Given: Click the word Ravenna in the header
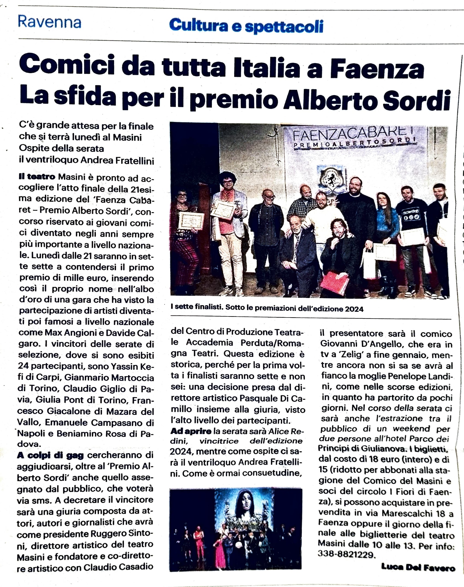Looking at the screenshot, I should [x=49, y=22].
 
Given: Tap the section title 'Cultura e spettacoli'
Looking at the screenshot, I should [x=246, y=26].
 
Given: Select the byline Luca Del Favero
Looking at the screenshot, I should [x=418, y=568].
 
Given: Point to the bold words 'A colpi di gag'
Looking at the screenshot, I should [x=50, y=455].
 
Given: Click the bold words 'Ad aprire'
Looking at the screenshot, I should [x=191, y=431].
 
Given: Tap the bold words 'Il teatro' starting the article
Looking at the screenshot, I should [x=37, y=177].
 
